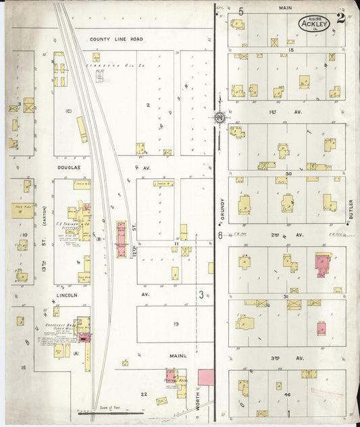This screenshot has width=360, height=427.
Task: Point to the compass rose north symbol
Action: click(220, 118)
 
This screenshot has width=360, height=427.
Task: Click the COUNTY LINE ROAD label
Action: click(116, 39)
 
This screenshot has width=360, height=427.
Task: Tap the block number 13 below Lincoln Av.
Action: click(176, 324)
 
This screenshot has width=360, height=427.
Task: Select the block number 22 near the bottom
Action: click(143, 394)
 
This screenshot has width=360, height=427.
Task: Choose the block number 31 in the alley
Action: click(288, 297)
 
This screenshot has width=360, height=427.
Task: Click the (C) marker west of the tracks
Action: click(68, 111)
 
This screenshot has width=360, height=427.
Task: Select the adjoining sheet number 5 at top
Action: click(240, 11)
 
